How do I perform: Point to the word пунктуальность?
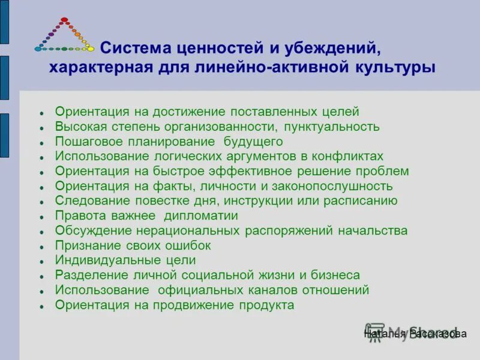point(332,127)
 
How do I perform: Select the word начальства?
point(372,230)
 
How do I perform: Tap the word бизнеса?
point(335,275)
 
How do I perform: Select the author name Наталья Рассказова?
point(415,334)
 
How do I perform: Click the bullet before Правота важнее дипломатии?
point(42,217)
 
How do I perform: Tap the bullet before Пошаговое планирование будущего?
point(42,143)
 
